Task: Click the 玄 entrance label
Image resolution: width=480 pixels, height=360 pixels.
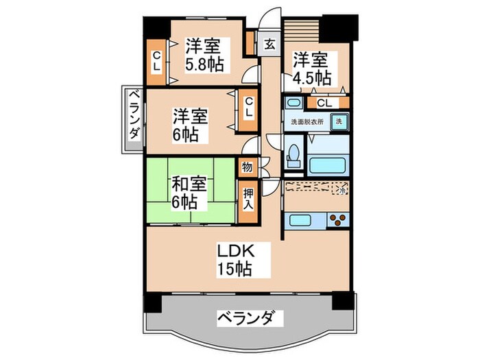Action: pos(269,45)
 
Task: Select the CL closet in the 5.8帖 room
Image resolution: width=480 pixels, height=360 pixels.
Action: pos(156,61)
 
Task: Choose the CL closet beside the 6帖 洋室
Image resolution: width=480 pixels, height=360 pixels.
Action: pos(249,107)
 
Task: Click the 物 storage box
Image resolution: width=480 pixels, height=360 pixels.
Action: pos(247,167)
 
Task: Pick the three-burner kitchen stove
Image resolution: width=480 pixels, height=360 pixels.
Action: pos(337,221)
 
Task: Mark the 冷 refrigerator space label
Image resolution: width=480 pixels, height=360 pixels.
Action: pos(341,190)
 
